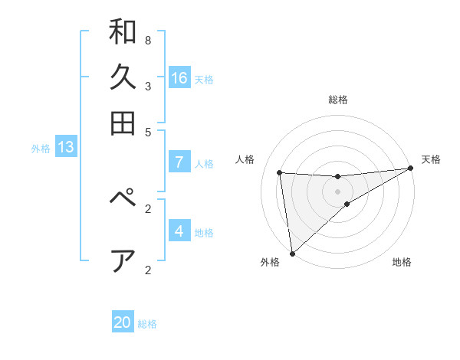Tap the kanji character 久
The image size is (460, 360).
tap(123, 77)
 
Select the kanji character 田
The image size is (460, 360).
tap(123, 123)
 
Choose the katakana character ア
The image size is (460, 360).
tap(123, 260)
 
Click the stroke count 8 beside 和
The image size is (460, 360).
tap(147, 40)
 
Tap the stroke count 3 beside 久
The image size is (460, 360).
tap(147, 86)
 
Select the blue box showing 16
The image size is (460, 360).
tap(179, 77)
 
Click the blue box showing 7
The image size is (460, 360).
tap(179, 162)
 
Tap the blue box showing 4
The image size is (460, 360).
tap(179, 231)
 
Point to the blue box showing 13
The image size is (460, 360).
tap(65, 147)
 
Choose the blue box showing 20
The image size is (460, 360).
tap(123, 322)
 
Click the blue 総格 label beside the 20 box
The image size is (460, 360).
tap(147, 324)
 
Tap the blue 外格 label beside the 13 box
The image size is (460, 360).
tap(41, 149)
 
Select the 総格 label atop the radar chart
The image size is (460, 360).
tap(337, 100)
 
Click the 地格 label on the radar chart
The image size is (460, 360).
tap(402, 263)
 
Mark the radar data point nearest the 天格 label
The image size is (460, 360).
tap(411, 169)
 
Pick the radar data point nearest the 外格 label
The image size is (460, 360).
tap(292, 253)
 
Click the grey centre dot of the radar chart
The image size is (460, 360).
tap(337, 191)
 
